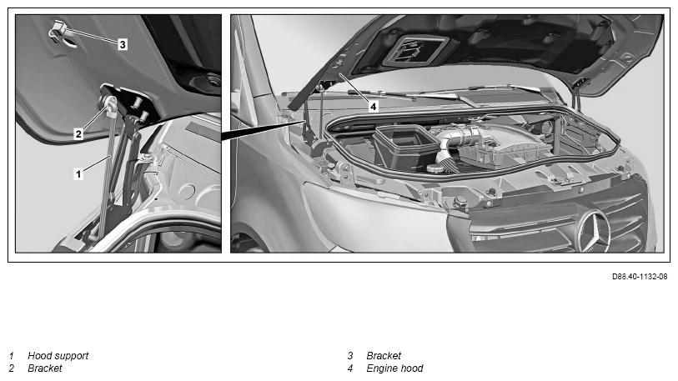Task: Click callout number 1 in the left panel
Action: (78, 174)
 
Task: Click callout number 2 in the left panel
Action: (78, 134)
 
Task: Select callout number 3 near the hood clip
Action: (123, 44)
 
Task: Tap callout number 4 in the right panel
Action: (373, 106)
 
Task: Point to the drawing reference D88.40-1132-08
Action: (640, 276)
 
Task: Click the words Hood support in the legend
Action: (58, 356)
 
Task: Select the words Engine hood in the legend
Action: (394, 368)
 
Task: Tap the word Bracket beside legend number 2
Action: (45, 368)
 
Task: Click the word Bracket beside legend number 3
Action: (384, 356)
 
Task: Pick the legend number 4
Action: (350, 368)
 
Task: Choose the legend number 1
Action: (12, 356)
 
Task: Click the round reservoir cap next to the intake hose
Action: (439, 168)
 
